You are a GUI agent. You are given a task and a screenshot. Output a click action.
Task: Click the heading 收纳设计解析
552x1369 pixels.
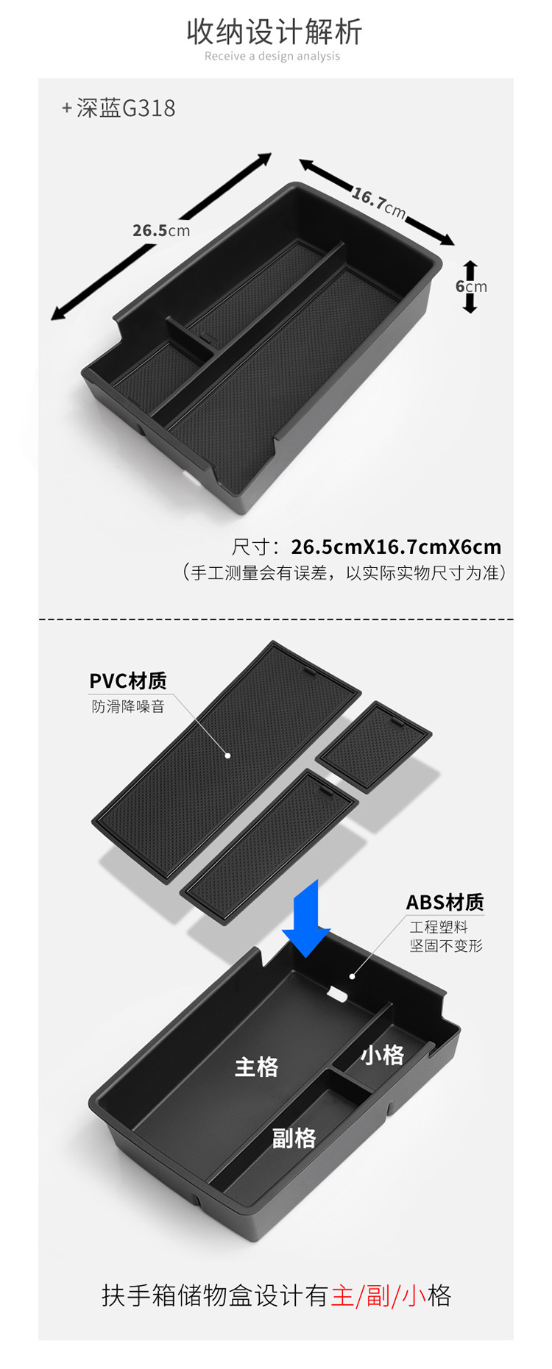274,32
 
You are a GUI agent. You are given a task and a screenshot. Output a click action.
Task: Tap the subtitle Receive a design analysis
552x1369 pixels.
272,56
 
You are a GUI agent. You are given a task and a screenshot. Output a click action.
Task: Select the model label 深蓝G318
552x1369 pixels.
125,108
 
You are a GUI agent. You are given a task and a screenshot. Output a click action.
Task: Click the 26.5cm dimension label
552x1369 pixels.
161,230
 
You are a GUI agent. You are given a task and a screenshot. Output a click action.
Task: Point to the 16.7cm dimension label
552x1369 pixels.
378,202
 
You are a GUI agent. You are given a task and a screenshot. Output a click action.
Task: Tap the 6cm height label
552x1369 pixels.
471,286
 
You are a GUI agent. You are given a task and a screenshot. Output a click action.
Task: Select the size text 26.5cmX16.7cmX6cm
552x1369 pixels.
396,547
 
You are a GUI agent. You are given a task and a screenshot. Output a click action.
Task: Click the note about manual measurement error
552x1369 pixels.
344,572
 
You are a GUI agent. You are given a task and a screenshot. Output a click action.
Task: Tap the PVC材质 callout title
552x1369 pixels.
128,680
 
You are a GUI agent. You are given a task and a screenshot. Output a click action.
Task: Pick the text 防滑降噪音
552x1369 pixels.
128,706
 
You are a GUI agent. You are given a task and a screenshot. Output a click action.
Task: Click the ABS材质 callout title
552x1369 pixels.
445,902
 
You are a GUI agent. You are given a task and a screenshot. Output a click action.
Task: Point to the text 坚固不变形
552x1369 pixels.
446,945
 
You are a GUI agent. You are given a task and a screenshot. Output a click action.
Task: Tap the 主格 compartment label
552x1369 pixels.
256,1067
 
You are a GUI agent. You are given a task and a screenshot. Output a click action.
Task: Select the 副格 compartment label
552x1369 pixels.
294,1138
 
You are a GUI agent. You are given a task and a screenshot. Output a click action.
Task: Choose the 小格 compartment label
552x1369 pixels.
382,1055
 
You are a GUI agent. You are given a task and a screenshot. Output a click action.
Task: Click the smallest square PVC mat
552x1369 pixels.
374,744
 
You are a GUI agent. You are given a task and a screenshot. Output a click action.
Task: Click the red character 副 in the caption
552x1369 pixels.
378,1295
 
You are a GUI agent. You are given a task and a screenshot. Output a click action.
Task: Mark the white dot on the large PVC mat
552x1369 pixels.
228,755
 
